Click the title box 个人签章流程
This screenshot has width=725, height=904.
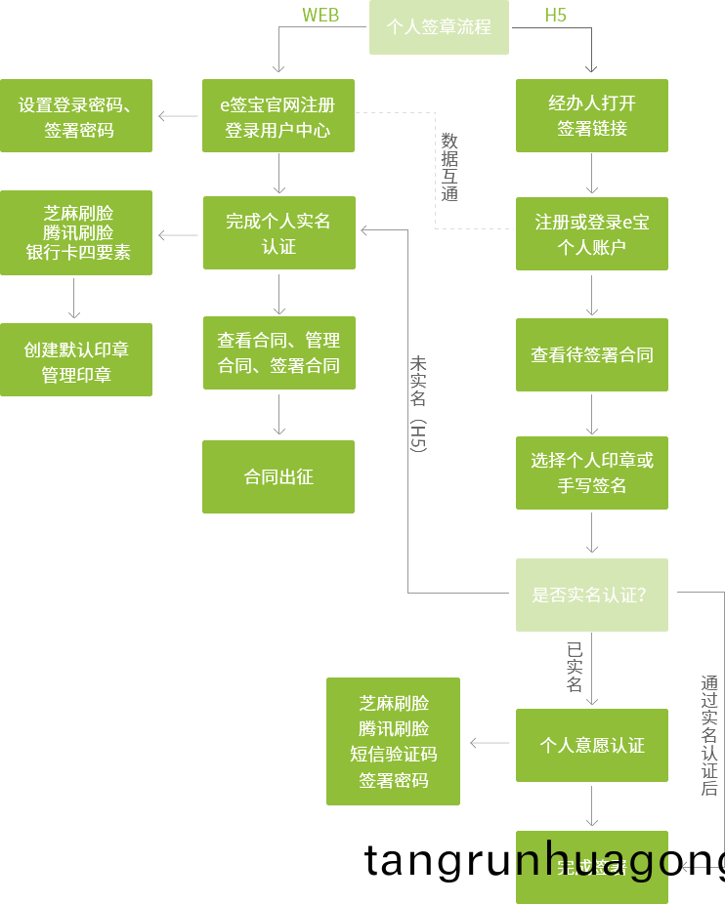[x=439, y=27]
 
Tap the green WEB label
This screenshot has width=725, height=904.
[x=320, y=15]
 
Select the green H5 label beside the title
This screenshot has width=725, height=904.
[x=555, y=15]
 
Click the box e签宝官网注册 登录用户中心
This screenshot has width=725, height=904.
[x=277, y=116]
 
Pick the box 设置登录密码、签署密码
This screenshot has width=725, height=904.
[x=76, y=116]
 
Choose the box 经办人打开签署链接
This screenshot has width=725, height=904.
[x=591, y=116]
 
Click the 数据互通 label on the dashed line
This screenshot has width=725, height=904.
[x=448, y=167]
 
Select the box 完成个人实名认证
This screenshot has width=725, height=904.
[x=278, y=233]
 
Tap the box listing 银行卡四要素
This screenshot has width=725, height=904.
[x=76, y=233]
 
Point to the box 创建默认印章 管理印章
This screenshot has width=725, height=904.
[x=76, y=360]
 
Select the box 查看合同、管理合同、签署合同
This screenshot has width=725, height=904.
[x=278, y=352]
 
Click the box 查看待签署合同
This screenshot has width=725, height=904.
[x=591, y=355]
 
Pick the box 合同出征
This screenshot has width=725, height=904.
[x=278, y=476]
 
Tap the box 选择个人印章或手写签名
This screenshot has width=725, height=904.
[x=591, y=473]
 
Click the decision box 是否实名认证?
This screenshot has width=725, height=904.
[x=591, y=595]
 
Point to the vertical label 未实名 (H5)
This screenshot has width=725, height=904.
[x=418, y=403]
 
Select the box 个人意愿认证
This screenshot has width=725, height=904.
[x=591, y=745]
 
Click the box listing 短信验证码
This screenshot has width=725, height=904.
[x=393, y=741]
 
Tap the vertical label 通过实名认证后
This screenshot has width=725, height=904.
[x=709, y=736]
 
